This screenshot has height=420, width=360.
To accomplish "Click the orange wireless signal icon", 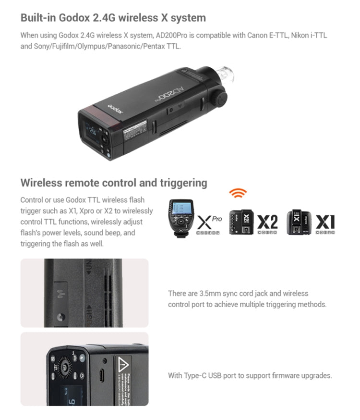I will coord(238,193).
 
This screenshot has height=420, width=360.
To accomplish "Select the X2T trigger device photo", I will coord(241,222).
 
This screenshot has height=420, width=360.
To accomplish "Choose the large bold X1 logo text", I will coord(325,222).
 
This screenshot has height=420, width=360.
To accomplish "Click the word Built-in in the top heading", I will coord(38,18).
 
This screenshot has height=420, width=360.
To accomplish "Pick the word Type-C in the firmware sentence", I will coord(194,376).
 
